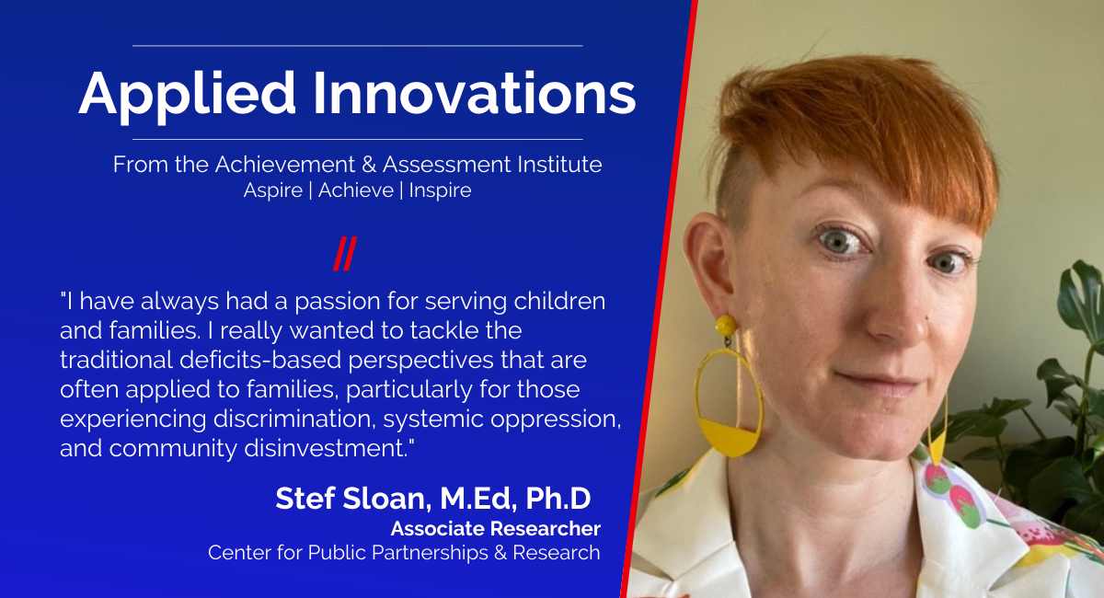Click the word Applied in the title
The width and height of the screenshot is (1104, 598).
[x=188, y=95]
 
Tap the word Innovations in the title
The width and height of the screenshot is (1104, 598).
[x=474, y=93]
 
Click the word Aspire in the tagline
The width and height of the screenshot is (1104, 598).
[x=273, y=190]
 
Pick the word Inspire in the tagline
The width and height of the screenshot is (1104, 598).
[x=440, y=190]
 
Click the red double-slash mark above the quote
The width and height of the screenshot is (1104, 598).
[x=345, y=254]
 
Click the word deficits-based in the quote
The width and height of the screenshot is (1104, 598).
[x=260, y=360]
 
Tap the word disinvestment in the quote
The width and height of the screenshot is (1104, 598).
[x=327, y=449]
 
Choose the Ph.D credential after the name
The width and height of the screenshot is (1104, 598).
[x=558, y=498]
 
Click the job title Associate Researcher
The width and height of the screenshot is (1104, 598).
[x=496, y=529]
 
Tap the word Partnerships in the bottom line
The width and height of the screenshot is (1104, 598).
[x=430, y=553]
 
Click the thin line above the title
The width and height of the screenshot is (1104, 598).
[x=357, y=46]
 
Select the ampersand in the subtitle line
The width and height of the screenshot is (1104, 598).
[x=369, y=164]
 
